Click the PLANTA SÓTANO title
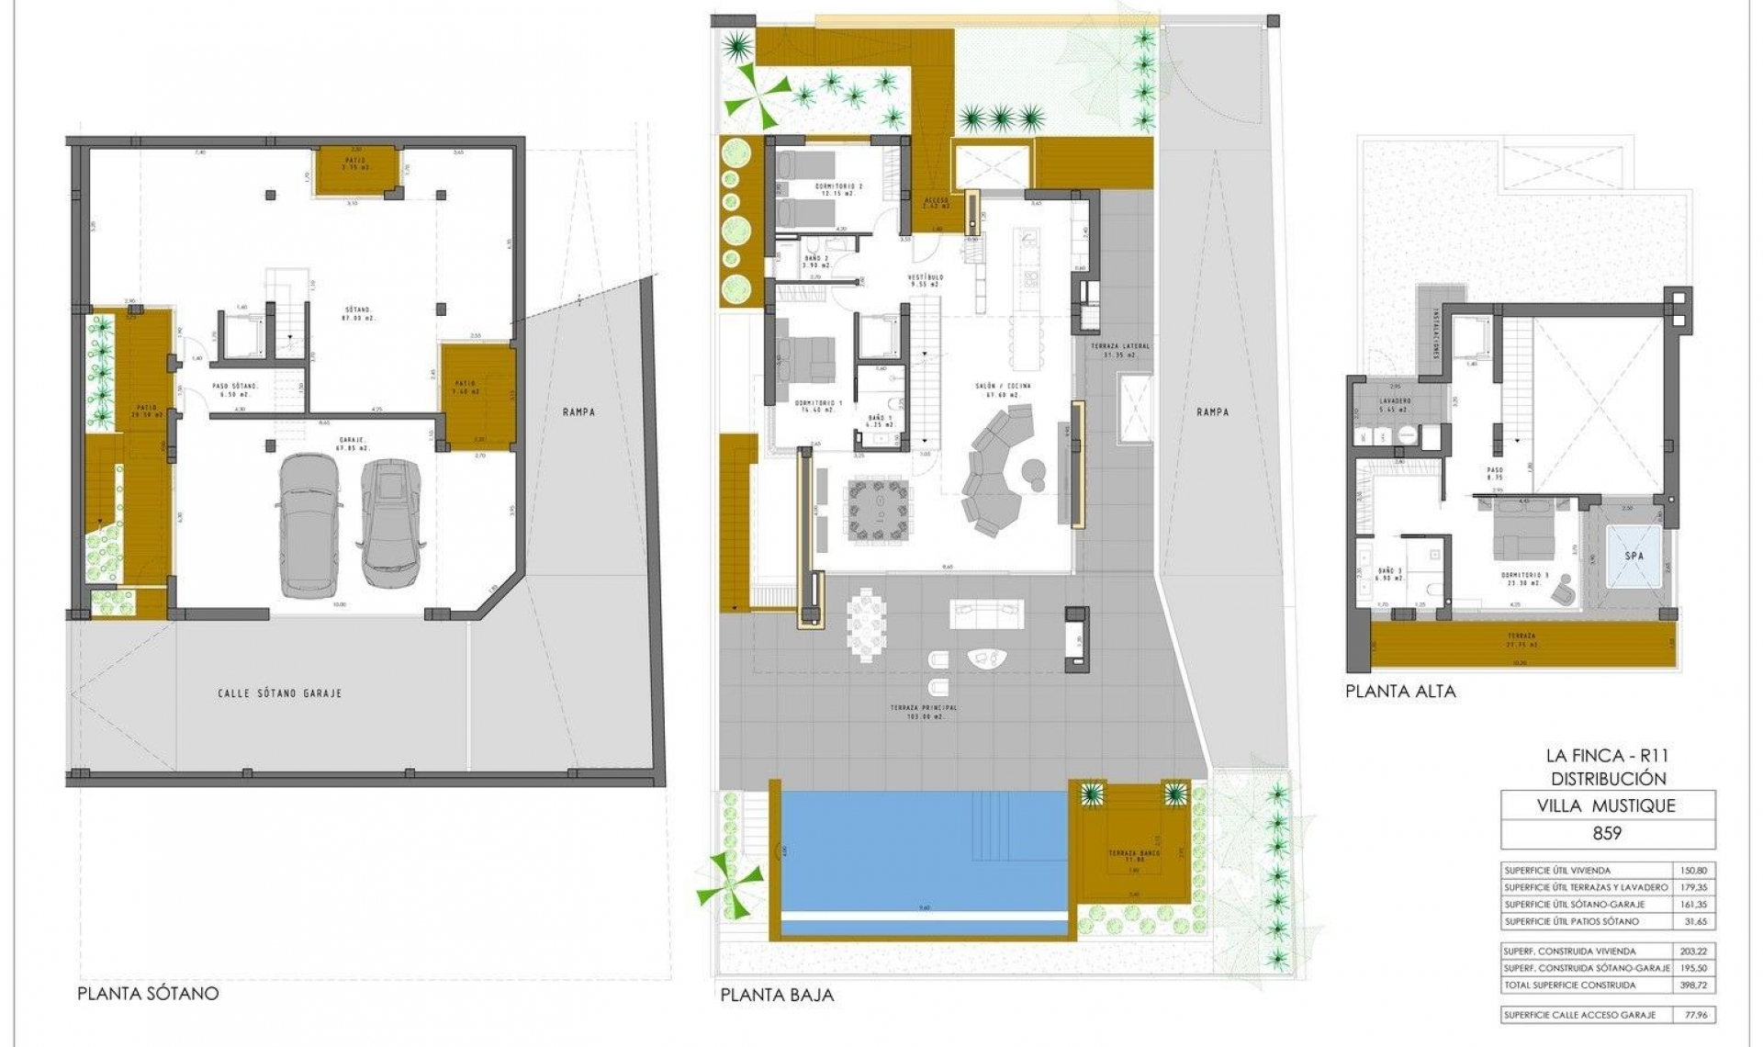tap(148, 993)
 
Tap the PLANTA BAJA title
tap(777, 995)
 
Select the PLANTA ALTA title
tap(1400, 692)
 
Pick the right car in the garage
tap(391, 522)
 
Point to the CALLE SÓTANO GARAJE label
tap(279, 693)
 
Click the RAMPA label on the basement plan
tap(578, 412)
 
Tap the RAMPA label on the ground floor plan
tap(1212, 412)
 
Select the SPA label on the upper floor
tap(1634, 557)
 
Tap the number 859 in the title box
tap(1607, 833)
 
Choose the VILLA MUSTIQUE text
tap(1607, 805)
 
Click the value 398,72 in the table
tap(1692, 985)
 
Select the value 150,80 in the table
tap(1692, 870)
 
